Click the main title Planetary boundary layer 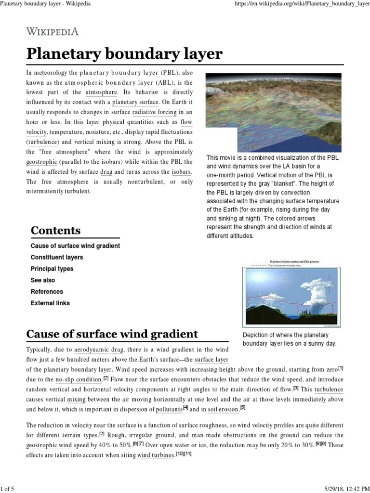click(x=124, y=54)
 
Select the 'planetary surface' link click(x=135, y=102)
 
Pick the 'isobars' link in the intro click(x=182, y=172)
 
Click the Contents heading click(x=55, y=230)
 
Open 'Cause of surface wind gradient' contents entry click(x=75, y=246)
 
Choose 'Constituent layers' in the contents click(x=57, y=257)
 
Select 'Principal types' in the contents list click(x=52, y=269)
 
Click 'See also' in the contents click(x=43, y=280)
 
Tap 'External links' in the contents click(x=50, y=303)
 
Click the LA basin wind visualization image click(x=274, y=112)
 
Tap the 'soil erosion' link click(x=223, y=409)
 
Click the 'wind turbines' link click(x=156, y=455)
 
